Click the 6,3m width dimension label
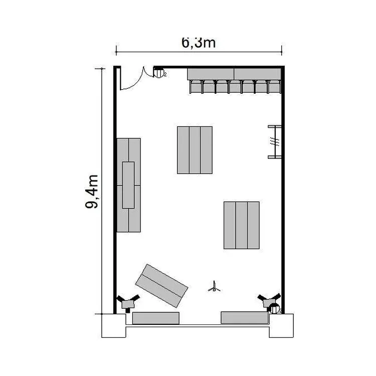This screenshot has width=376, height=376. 199,43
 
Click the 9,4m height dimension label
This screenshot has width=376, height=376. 92,192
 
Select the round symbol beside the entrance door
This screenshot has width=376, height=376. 158,73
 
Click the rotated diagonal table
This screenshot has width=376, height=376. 161,286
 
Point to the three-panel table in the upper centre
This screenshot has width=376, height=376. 195,150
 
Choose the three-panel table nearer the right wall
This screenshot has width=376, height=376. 242,225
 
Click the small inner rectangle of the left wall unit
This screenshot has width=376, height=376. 128,185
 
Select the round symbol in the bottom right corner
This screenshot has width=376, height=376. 274,308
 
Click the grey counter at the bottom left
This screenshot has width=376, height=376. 156,318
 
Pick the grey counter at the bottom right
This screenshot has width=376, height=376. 244,317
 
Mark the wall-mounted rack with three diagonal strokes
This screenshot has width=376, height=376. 275,142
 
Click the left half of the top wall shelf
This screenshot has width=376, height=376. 211,74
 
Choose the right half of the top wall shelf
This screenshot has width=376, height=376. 257,74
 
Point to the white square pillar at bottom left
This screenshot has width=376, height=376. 114,326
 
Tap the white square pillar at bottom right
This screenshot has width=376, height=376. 281,326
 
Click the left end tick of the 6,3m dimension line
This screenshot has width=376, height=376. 116,51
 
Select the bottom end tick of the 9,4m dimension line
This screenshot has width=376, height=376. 101,314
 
